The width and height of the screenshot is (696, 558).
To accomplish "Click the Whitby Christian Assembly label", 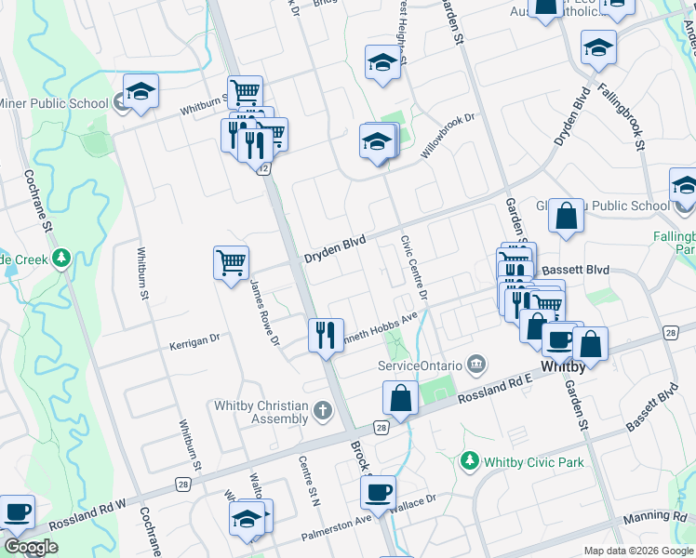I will pyautogui.click(x=261, y=411).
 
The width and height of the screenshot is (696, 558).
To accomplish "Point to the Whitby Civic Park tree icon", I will pyautogui.click(x=470, y=460).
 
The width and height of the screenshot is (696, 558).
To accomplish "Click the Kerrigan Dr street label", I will pyautogui.click(x=194, y=342).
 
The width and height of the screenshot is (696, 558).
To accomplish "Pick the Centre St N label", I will pyautogui.click(x=309, y=479).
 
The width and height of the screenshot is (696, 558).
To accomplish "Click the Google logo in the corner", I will pyautogui.click(x=30, y=547).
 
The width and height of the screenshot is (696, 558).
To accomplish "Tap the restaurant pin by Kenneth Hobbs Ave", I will pyautogui.click(x=326, y=334).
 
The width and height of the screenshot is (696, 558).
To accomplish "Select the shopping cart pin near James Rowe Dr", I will pyautogui.click(x=231, y=261).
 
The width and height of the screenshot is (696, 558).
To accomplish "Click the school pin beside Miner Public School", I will pyautogui.click(x=141, y=91).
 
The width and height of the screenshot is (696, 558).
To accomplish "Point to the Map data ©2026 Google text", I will pyautogui.click(x=637, y=551).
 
